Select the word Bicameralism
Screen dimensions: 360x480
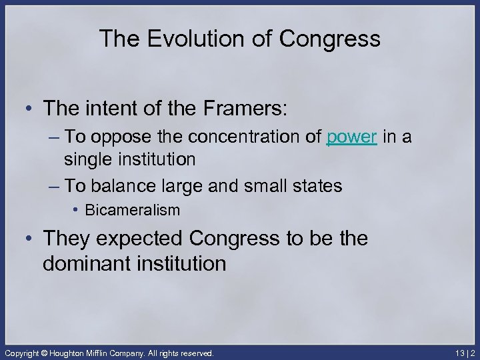(x=133, y=211)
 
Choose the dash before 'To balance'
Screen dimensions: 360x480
(x=54, y=185)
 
